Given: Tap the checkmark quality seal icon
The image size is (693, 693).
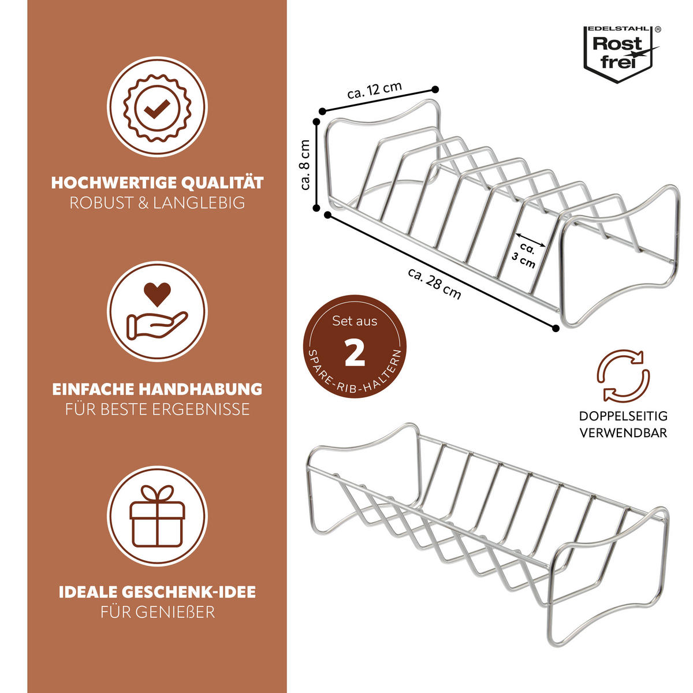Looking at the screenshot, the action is click(157, 107).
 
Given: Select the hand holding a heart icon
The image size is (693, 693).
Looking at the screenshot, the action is click(157, 311).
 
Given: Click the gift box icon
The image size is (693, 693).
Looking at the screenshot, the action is click(157, 516).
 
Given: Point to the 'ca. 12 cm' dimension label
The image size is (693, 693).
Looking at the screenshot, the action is click(374, 90).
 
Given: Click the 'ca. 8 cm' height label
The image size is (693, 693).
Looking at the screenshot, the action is click(305, 165).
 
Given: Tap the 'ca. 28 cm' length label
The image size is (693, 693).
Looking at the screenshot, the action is click(434, 284).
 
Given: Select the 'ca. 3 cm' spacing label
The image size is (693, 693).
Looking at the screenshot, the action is click(526, 255).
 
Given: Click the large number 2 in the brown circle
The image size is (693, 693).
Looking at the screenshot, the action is click(355, 353).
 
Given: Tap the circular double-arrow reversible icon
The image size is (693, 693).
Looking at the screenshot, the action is click(623, 375).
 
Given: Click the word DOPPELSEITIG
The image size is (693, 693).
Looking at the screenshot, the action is click(623, 416).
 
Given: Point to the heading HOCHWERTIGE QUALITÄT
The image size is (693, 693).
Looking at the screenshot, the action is click(157, 182).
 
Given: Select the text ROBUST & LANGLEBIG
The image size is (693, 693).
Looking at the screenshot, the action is click(157, 203).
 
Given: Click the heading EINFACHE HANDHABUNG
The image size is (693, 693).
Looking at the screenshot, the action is click(157, 389).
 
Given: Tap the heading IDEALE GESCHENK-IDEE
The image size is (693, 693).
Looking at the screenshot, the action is click(157, 593).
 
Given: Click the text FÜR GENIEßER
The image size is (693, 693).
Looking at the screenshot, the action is click(158, 613).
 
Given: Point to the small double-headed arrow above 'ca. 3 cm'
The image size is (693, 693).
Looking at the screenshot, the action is click(531, 240).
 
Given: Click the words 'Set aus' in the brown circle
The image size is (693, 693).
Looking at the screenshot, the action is click(355, 321).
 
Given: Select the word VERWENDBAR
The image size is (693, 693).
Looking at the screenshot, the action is click(623, 433).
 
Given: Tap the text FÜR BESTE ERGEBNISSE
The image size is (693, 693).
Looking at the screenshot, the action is click(157, 409).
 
